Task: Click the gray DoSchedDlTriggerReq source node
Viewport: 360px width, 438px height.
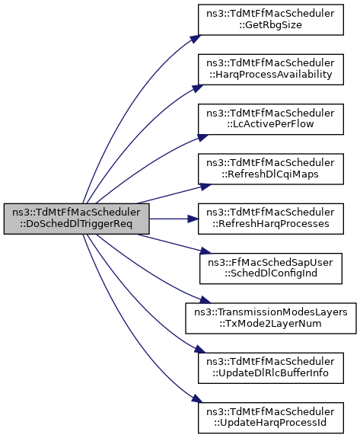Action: tap(76, 219)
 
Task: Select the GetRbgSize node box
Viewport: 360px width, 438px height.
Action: tap(271, 20)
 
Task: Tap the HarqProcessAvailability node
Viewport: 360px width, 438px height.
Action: tap(271, 69)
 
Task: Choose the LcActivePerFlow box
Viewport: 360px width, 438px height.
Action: tap(271, 120)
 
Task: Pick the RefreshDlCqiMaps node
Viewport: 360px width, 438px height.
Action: tap(271, 169)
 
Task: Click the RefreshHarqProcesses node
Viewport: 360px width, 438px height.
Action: tap(271, 219)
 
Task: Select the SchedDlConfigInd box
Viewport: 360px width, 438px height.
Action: tap(271, 268)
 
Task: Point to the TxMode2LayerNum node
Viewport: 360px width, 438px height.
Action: tap(271, 318)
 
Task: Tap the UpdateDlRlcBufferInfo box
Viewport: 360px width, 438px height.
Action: tap(271, 368)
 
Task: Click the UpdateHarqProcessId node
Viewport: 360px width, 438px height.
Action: tap(271, 418)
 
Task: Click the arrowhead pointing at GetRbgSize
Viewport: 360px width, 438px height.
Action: tap(196, 39)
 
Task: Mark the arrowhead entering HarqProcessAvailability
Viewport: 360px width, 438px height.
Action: tap(198, 88)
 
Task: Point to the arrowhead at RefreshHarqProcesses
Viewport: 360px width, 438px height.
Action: tap(193, 219)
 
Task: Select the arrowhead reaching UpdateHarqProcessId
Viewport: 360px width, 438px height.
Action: tap(197, 398)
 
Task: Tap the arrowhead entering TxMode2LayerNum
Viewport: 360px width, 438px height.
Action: tap(205, 300)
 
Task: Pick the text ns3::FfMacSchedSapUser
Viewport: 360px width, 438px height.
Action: tap(270, 263)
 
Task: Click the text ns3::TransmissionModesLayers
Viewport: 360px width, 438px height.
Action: tap(271, 312)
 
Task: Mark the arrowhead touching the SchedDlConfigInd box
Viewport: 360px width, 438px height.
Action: tap(206, 251)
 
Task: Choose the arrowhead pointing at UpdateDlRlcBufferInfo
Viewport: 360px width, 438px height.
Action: tap(200, 349)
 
